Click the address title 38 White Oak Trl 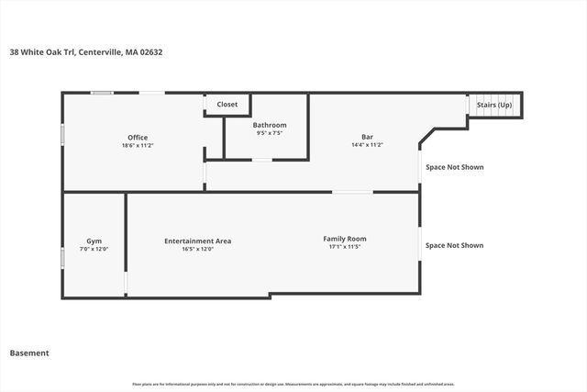86,52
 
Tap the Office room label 138,138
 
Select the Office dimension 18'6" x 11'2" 138,146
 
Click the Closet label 227,105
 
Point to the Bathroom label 270,125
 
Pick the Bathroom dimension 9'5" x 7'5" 270,133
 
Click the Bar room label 367,137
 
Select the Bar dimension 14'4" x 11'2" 367,145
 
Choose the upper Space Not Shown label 454,167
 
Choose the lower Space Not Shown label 454,245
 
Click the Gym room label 94,241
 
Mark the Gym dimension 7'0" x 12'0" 94,249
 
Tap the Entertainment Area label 197,241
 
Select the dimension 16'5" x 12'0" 197,249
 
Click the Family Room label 345,239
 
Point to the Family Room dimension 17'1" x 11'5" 345,247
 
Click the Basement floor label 29,353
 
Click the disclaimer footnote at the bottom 293,384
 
